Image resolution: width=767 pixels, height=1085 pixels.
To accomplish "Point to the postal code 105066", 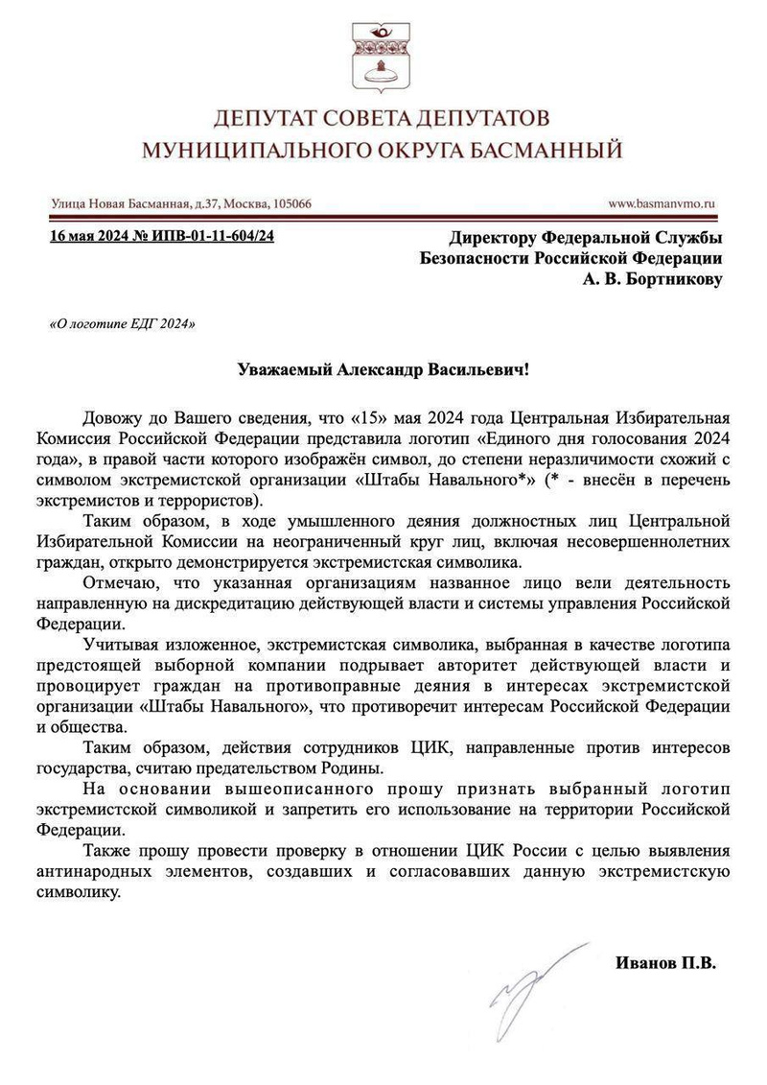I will (x=285, y=203).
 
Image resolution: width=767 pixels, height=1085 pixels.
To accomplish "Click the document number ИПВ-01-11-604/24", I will (x=212, y=237).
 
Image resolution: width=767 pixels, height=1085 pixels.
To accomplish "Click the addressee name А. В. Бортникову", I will (x=652, y=279).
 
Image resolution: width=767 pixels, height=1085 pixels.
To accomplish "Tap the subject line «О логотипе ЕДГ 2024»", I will (x=122, y=324).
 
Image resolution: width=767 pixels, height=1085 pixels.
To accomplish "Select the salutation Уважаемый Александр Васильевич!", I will (x=383, y=370).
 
